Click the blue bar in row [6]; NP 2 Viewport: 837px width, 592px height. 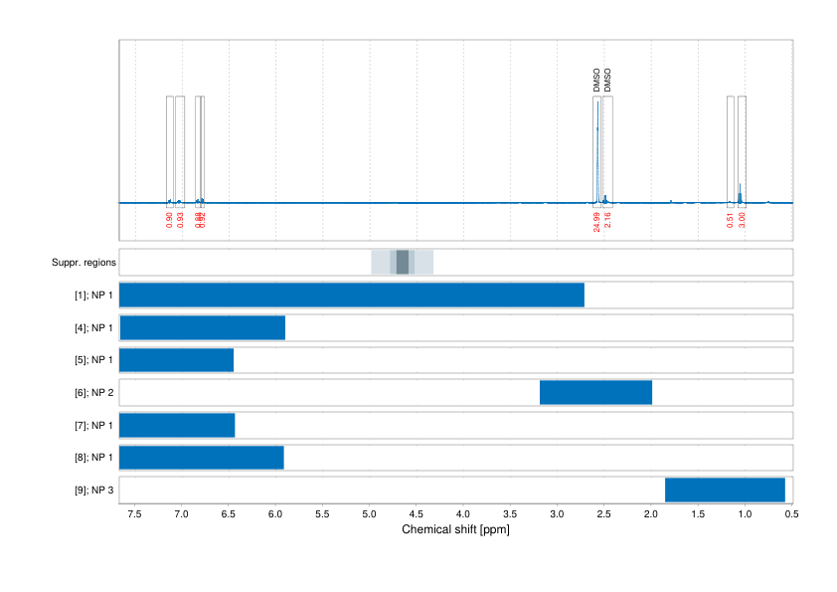[595, 392]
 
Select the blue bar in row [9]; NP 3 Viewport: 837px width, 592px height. [725, 490]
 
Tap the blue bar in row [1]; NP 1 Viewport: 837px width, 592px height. [352, 295]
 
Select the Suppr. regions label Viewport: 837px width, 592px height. [84, 263]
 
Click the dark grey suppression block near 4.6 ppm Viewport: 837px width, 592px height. [403, 262]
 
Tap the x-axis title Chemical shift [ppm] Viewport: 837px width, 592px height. [455, 529]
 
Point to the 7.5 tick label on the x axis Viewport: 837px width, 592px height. [134, 515]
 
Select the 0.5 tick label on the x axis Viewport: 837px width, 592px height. [791, 515]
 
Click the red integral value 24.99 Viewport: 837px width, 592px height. [596, 221]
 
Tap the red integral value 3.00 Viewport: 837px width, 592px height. [742, 220]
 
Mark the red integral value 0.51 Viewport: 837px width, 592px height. [731, 220]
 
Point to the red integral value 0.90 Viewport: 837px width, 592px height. [169, 220]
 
